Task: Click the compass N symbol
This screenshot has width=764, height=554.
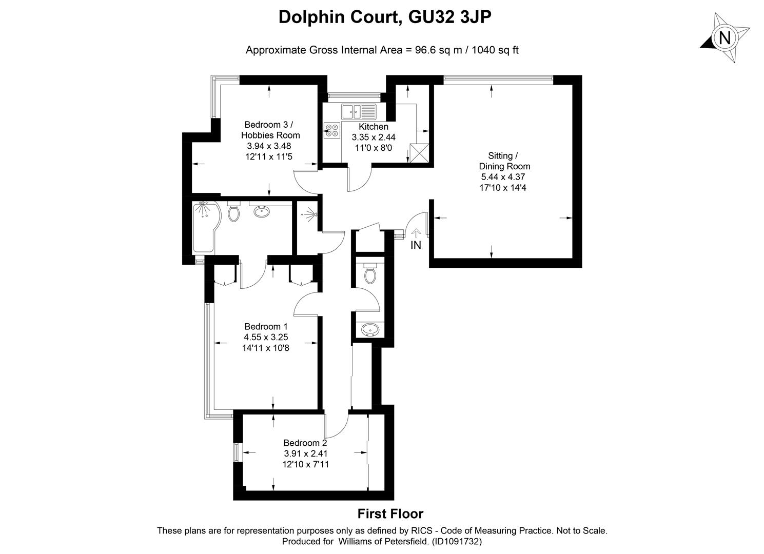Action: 725,37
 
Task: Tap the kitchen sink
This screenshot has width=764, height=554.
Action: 359,112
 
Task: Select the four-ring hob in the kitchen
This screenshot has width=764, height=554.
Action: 332,130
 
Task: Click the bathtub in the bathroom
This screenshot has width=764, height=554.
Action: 206,227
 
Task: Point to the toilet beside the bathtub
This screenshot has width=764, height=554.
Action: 233,211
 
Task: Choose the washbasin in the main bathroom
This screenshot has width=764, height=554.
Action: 262,211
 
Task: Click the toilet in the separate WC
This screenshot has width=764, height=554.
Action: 369,273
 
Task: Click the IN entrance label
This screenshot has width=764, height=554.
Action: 416,245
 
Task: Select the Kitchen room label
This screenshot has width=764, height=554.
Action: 374,127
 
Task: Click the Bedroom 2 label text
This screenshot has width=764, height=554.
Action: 305,443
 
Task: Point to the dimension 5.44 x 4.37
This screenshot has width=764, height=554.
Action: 503,177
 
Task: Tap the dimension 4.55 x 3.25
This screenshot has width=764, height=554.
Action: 266,337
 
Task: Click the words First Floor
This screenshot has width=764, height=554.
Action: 390,514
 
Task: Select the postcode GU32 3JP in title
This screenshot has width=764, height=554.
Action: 450,17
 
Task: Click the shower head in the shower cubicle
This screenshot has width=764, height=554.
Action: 311,215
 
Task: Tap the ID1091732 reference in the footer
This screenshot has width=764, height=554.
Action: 457,541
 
